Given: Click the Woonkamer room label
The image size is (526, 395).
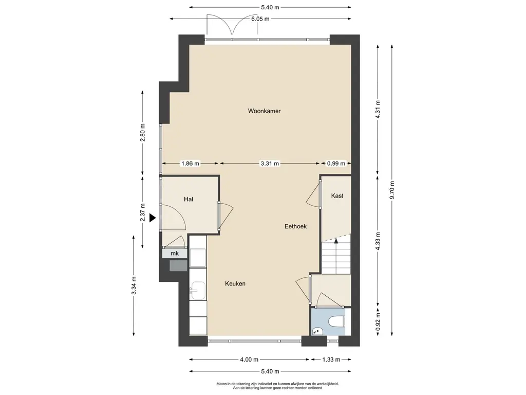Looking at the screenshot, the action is [x=264, y=111].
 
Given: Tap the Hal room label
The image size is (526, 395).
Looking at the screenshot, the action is [x=189, y=199].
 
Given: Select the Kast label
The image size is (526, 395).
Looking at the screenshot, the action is [x=337, y=195].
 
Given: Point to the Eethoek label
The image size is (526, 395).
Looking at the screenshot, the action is [x=295, y=226].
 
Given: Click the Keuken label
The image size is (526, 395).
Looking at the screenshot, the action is [x=235, y=283].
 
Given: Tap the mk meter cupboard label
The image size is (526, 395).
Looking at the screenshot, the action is [x=175, y=253].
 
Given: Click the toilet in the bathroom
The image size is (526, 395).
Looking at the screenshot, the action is [x=336, y=321].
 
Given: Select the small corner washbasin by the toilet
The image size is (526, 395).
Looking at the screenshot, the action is [x=316, y=331].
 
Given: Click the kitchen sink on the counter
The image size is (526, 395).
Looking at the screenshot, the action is [x=198, y=291].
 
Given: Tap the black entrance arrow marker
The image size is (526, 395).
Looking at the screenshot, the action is [x=152, y=218].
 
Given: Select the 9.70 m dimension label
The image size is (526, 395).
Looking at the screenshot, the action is [x=392, y=190].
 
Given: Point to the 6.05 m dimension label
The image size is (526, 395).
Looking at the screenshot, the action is [x=260, y=19].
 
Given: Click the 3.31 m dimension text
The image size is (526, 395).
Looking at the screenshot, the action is [x=270, y=164].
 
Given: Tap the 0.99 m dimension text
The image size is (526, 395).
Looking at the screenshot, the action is [x=336, y=164].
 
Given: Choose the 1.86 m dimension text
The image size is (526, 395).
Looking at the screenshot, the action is [x=190, y=164].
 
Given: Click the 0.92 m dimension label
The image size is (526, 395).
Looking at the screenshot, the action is [x=378, y=322].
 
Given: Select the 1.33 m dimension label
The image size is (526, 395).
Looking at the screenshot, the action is [x=331, y=360].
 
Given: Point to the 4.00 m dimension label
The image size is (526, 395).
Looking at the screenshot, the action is [x=249, y=360].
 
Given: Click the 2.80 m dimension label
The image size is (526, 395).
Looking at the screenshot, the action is [x=143, y=133].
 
